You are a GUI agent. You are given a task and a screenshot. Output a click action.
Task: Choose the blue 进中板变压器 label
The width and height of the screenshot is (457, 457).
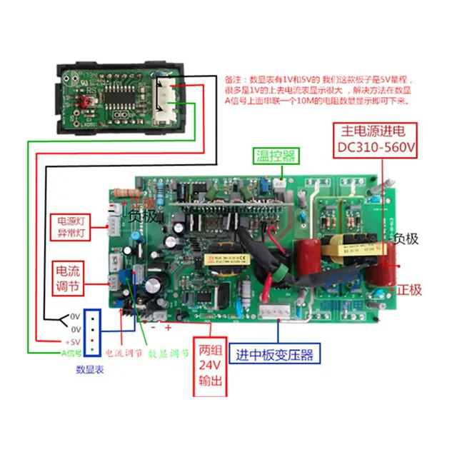pos(277,353)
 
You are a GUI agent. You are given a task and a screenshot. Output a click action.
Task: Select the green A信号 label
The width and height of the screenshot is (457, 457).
pos(71,353)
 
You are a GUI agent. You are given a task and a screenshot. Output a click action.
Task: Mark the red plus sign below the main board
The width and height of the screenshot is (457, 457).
pos(168,328)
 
